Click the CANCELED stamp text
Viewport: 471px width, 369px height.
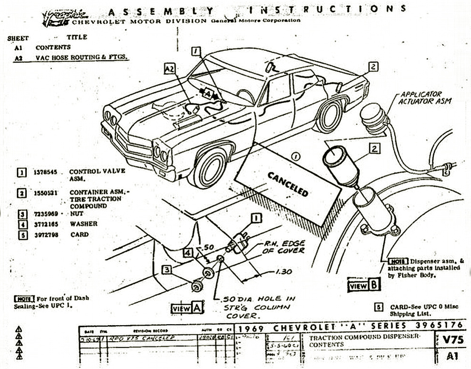point(288,184)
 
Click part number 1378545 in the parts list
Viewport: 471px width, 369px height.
point(45,172)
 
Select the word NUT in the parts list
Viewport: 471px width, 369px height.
point(75,213)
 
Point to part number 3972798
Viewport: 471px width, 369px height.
point(45,234)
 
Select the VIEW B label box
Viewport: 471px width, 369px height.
point(364,285)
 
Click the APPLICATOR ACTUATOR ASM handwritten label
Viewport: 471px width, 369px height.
point(420,97)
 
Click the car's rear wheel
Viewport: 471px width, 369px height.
point(329,116)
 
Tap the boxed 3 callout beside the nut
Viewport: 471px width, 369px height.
point(167,270)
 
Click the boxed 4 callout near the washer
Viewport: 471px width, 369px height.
point(188,253)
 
